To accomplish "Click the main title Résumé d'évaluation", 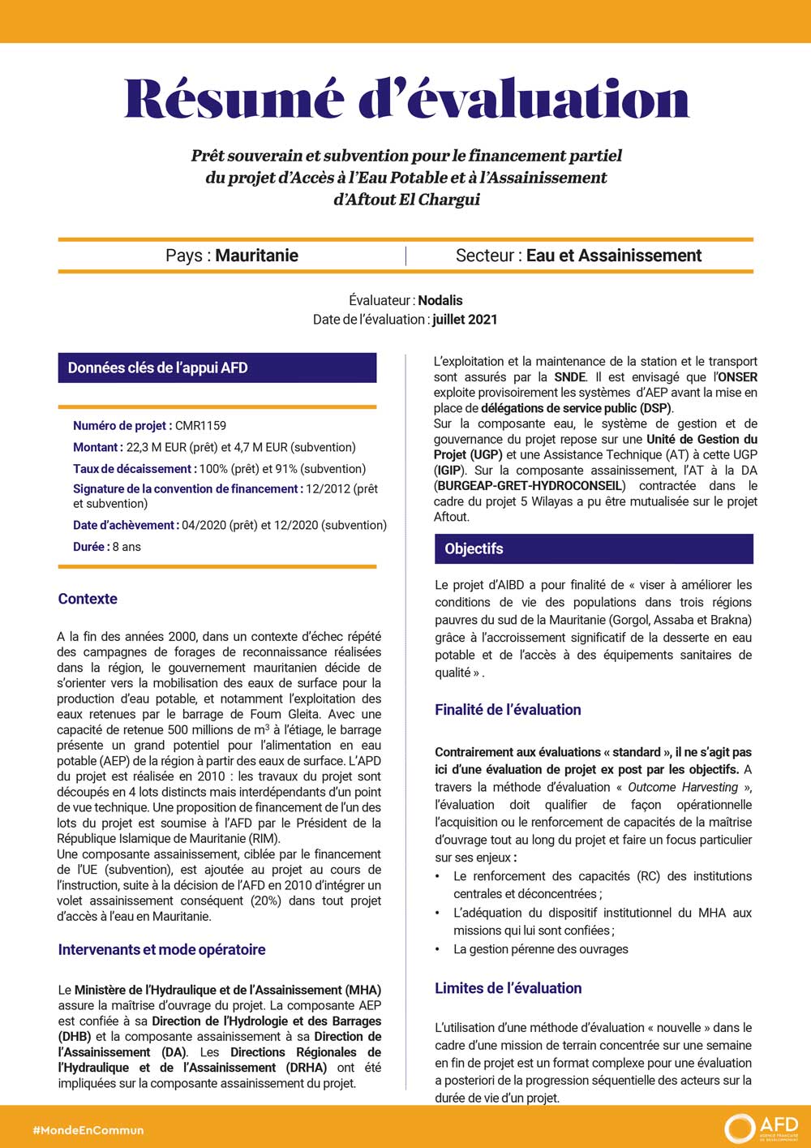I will pos(406,99).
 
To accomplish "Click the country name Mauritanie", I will pos(256,256).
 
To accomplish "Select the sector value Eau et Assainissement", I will pos(613,256).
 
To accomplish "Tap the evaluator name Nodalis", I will pos(440,300).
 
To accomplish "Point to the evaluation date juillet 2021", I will pos(465,320).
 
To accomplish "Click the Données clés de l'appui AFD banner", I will pos(217,368).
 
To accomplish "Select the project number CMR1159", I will pos(200,425).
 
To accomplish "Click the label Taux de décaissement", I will pos(132,469).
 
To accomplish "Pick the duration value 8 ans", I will pos(127,547).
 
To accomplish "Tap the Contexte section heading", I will pos(88,599).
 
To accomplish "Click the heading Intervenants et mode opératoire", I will pos(161,949).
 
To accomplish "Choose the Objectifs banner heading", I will pos(474,548).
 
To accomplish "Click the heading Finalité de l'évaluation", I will pos(508,709).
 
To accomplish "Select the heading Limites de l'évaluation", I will pos(508,988).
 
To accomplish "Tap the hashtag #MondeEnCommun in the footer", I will pos(88,1129).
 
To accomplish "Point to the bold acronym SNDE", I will pos(569,377).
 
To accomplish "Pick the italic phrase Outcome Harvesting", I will pos(683,787).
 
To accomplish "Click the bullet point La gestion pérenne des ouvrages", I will pos(540,949).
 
